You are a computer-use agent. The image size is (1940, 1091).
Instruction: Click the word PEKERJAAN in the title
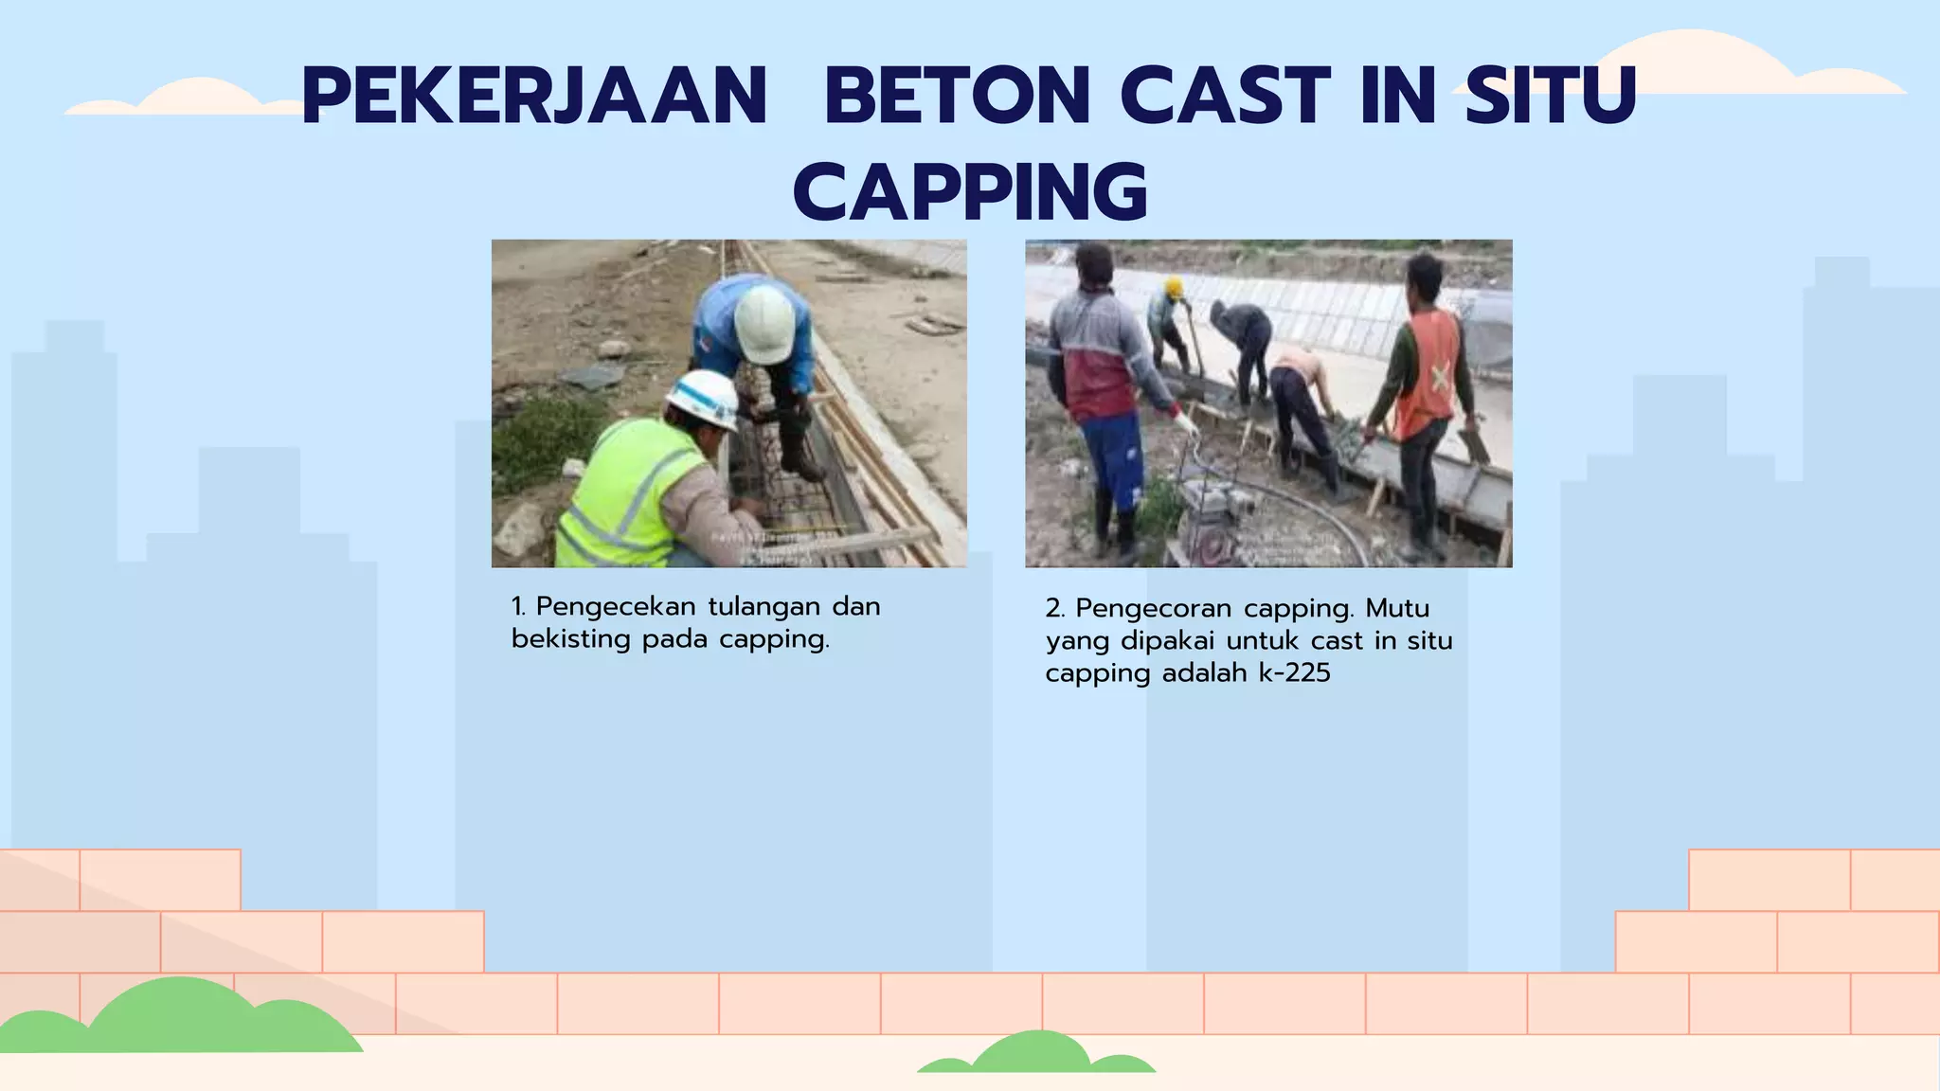[x=533, y=96]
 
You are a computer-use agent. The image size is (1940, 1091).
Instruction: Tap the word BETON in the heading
[x=957, y=96]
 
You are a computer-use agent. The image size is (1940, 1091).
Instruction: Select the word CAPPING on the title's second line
[x=970, y=192]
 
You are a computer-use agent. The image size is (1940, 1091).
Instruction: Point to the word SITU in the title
[x=1551, y=96]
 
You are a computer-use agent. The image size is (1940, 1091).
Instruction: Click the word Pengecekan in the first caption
[x=616, y=606]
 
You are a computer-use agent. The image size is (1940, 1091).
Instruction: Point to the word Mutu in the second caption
[x=1397, y=608]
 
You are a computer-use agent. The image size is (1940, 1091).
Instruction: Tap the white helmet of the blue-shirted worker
[x=763, y=324]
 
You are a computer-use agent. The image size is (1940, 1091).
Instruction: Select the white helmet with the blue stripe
[x=703, y=397]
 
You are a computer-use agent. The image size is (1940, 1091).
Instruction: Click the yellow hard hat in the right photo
[x=1174, y=287]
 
